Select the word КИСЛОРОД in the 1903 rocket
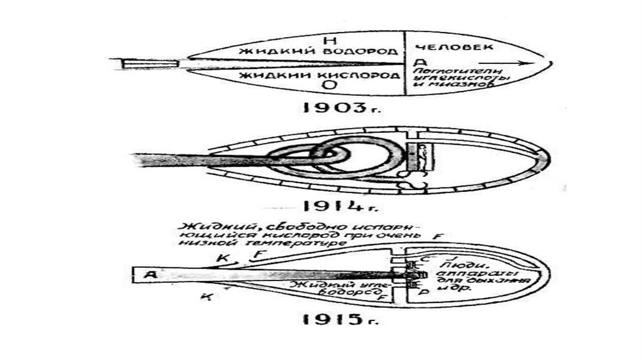(x=372, y=76)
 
